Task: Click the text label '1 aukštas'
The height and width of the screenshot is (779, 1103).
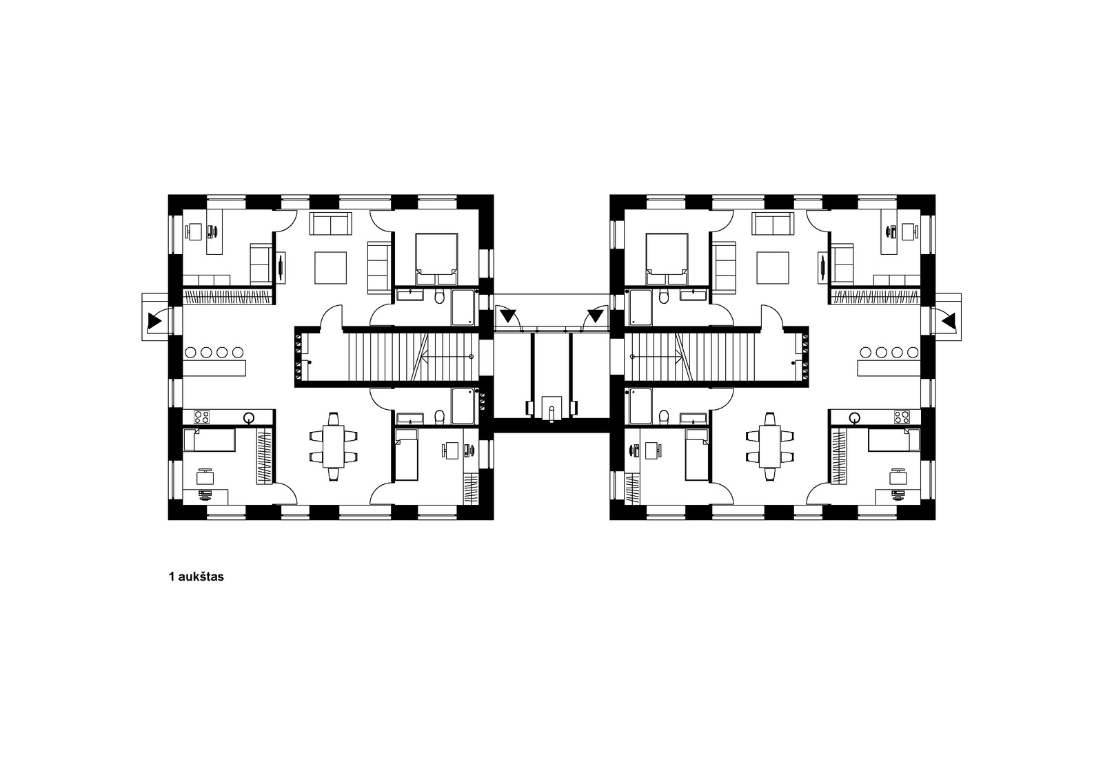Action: click(196, 577)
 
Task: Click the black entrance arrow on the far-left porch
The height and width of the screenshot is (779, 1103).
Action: click(154, 322)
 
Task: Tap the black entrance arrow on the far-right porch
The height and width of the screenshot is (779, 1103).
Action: click(949, 322)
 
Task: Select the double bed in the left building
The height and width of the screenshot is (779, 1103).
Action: click(436, 259)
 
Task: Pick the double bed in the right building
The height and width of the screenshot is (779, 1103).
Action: click(667, 259)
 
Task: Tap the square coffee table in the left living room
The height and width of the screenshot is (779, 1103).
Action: click(330, 268)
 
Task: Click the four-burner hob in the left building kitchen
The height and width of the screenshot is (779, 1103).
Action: click(202, 417)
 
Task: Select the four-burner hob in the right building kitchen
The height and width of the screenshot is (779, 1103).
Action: click(902, 417)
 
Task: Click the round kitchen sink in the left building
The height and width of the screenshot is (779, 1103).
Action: click(249, 418)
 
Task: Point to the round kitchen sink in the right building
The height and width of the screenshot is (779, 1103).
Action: click(854, 418)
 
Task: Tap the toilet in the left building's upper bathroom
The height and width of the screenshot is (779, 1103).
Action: click(440, 297)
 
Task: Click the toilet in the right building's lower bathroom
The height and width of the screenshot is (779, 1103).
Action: click(664, 416)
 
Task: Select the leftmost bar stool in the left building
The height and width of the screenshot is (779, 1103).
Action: click(190, 353)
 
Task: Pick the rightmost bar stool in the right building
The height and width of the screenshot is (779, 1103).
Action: click(913, 353)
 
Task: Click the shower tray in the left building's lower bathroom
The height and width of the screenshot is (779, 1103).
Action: click(463, 406)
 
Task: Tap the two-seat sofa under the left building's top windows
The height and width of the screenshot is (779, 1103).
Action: click(330, 223)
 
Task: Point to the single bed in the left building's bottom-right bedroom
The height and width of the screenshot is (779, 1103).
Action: click(407, 454)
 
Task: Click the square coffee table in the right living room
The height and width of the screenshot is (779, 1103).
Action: click(773, 268)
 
